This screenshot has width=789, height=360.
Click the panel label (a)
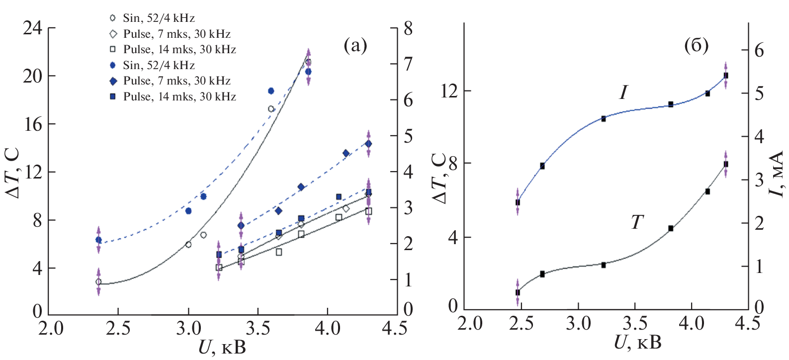tap(355, 46)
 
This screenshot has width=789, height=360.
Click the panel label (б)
tap(696, 46)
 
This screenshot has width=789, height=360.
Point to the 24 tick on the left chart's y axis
tap(32, 28)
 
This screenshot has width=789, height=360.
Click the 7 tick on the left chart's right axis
tap(408, 64)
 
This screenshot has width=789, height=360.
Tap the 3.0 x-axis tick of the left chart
tap(188, 329)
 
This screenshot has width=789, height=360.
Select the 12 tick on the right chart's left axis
tap(449, 91)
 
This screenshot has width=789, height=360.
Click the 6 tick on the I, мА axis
tap(759, 50)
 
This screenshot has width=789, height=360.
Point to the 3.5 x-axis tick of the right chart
tap(634, 324)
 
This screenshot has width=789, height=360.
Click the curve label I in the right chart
tap(624, 92)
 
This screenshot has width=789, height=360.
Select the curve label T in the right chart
tap(637, 222)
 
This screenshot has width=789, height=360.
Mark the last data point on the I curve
tap(726, 76)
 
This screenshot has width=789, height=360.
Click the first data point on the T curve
tap(518, 292)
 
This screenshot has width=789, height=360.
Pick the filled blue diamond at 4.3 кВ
tap(368, 144)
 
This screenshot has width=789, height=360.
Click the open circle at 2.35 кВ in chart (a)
tap(98, 282)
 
